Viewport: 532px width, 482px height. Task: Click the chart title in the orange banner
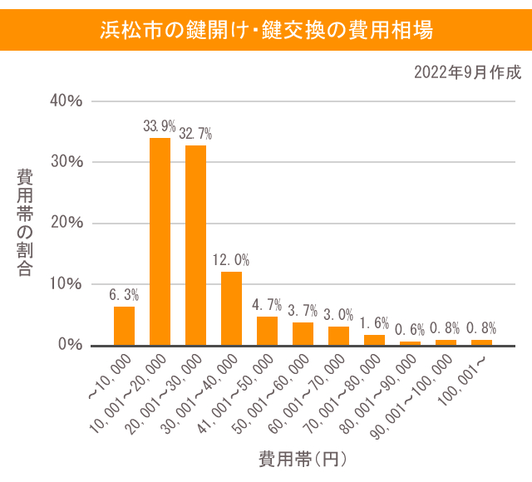(x=266, y=31)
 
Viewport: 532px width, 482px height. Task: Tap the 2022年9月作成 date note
(x=467, y=73)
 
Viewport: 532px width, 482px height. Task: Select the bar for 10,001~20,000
(x=160, y=241)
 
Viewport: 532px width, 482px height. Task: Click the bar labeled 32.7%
(x=195, y=245)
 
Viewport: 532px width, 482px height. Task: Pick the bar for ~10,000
(x=124, y=326)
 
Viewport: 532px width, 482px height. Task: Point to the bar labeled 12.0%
(x=231, y=308)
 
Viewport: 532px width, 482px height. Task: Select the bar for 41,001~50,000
(x=267, y=331)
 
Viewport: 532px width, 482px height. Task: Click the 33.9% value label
(x=160, y=126)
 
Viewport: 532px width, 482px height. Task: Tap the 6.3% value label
(x=124, y=294)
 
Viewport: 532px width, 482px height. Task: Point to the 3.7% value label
(x=303, y=311)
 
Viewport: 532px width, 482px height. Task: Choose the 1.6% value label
(x=374, y=323)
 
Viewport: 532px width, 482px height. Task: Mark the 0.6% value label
(x=410, y=329)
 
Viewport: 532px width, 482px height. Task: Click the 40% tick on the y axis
(x=66, y=101)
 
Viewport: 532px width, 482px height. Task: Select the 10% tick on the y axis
(x=66, y=283)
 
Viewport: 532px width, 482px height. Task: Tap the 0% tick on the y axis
(x=70, y=344)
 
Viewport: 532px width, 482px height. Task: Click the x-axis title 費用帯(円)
(x=302, y=458)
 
